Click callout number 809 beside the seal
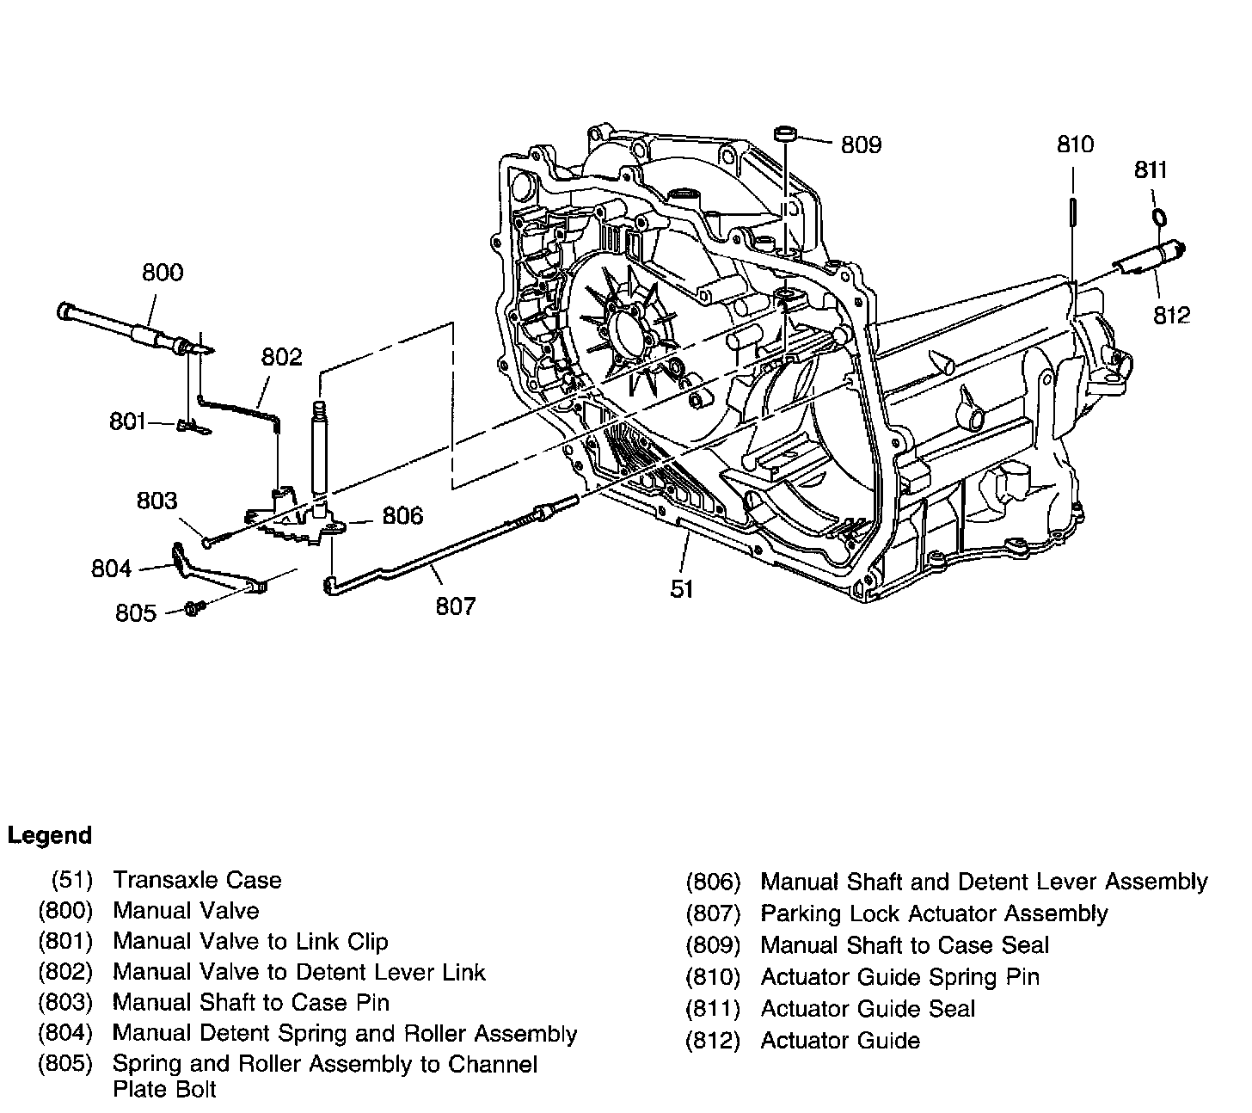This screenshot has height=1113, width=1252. (x=861, y=145)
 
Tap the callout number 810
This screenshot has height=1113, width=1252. (x=1075, y=145)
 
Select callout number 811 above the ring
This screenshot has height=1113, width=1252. (x=1150, y=169)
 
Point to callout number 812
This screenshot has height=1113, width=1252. (x=1172, y=316)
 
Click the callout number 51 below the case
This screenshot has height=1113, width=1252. (x=682, y=588)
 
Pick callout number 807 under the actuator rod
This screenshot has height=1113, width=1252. (x=456, y=606)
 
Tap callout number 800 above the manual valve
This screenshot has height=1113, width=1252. (x=163, y=272)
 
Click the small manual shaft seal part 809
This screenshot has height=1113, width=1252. (x=785, y=133)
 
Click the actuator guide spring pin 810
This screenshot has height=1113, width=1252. (x=1073, y=212)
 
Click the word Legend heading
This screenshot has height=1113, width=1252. (x=49, y=835)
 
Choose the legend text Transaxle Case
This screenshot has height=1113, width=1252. (x=197, y=880)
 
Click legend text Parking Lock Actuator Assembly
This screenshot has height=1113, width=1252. (x=934, y=913)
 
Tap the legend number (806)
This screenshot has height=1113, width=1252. (x=713, y=882)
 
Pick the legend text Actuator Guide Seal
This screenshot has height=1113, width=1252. (x=868, y=1009)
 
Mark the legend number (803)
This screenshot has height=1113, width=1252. (x=65, y=1002)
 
